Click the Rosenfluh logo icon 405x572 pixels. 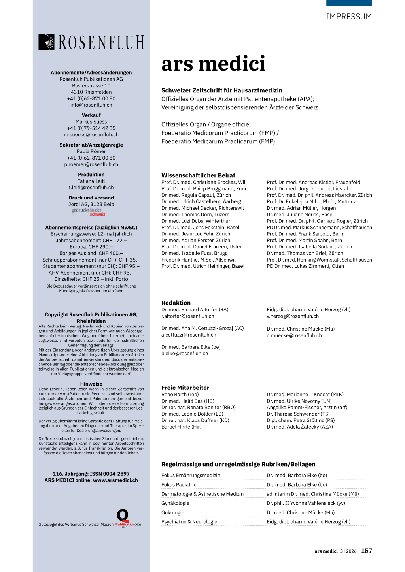pyautogui.click(x=46, y=42)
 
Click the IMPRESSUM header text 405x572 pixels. pyautogui.click(x=349, y=17)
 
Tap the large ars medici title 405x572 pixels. pyautogui.click(x=213, y=64)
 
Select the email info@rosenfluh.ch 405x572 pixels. pyautogui.click(x=91, y=105)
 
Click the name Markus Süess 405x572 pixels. pyautogui.click(x=91, y=122)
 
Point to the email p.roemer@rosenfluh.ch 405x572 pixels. pyautogui.click(x=91, y=164)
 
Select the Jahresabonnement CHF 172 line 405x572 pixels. pyautogui.click(x=91, y=241)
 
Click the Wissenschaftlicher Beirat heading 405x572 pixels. pyautogui.click(x=198, y=175)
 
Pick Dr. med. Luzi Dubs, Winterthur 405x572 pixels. pyautogui.click(x=195, y=221)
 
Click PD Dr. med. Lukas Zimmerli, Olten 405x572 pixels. pyautogui.click(x=305, y=266)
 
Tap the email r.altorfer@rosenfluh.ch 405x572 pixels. pyautogui.click(x=187, y=316)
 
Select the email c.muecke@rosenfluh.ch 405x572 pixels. pyautogui.click(x=294, y=335)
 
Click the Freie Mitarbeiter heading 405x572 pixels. pyautogui.click(x=185, y=388)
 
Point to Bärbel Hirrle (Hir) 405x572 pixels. pyautogui.click(x=181, y=427)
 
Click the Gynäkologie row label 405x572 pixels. pyautogui.click(x=175, y=503)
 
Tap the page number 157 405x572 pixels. pyautogui.click(x=366, y=551)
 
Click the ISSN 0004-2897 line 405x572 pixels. pyautogui.click(x=91, y=474)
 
